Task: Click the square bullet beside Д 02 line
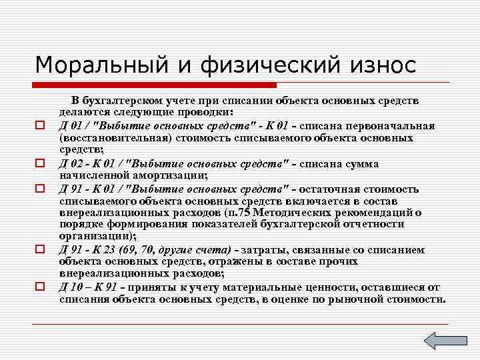pyautogui.click(x=40, y=163)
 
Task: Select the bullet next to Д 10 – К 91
pyautogui.click(x=40, y=287)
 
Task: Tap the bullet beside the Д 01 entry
pyautogui.click(x=40, y=125)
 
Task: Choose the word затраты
pyautogui.click(x=265, y=250)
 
